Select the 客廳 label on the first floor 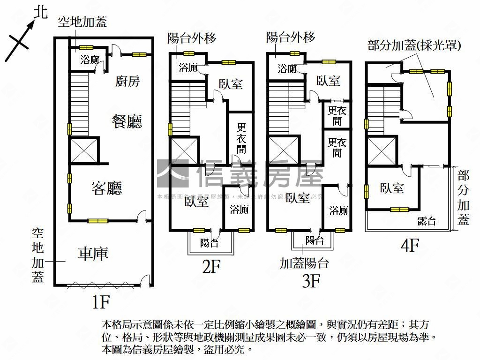tap(106, 188)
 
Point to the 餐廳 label tap(126, 121)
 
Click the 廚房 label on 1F tap(127, 82)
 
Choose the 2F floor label tap(211, 267)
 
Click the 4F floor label tap(409, 245)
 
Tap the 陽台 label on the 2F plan tap(209, 243)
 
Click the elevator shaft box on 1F tap(84, 150)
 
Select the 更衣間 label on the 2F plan tap(241, 138)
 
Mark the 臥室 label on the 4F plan tap(392, 188)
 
